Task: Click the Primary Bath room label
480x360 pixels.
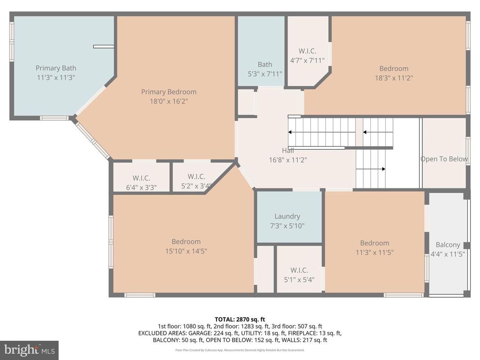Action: click(x=56, y=68)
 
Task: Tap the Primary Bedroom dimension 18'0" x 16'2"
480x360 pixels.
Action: click(x=169, y=101)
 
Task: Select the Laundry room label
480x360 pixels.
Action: click(x=287, y=216)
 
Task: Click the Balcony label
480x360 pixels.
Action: click(x=448, y=245)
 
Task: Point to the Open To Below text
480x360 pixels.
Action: click(x=444, y=159)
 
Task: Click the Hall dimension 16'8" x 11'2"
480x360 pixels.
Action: click(x=288, y=159)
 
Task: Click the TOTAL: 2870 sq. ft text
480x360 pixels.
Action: click(x=240, y=319)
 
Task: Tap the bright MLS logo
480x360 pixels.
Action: click(x=29, y=350)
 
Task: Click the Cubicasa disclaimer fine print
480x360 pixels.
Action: click(x=240, y=350)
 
